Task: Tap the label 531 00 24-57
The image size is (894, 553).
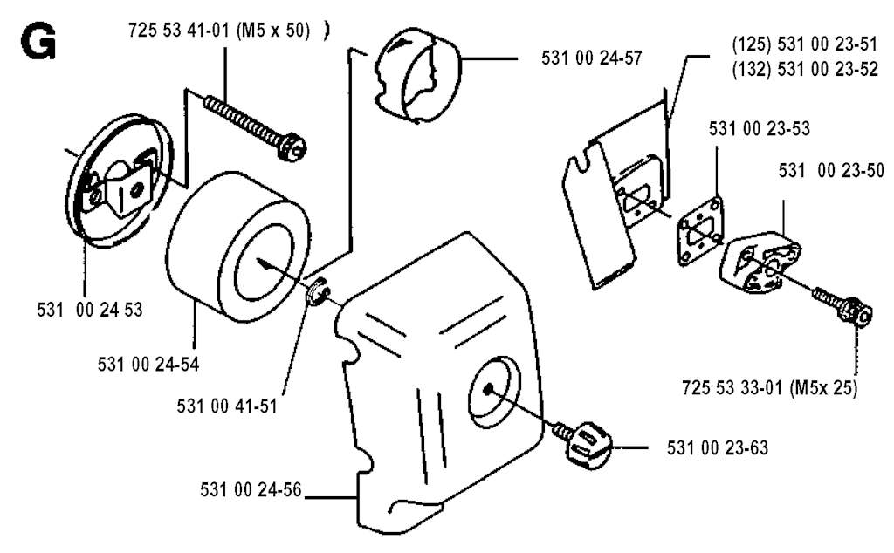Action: click(x=592, y=58)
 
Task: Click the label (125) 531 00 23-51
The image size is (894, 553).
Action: click(x=804, y=44)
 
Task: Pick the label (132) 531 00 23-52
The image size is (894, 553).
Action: click(x=804, y=69)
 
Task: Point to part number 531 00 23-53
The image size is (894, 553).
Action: click(x=759, y=129)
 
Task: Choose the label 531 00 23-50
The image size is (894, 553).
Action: click(x=831, y=170)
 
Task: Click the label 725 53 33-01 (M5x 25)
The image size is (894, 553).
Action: click(x=770, y=388)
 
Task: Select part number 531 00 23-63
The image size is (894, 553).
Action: click(x=718, y=447)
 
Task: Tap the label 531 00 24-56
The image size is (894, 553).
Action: click(x=251, y=490)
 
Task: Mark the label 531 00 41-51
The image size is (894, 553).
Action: click(x=227, y=406)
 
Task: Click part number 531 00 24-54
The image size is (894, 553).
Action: click(x=148, y=364)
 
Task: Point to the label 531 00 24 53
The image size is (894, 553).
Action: click(x=90, y=310)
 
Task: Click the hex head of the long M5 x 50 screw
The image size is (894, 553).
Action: click(x=292, y=147)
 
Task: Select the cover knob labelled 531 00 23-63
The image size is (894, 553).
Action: click(x=588, y=445)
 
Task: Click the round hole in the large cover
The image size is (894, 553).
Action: click(x=494, y=393)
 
